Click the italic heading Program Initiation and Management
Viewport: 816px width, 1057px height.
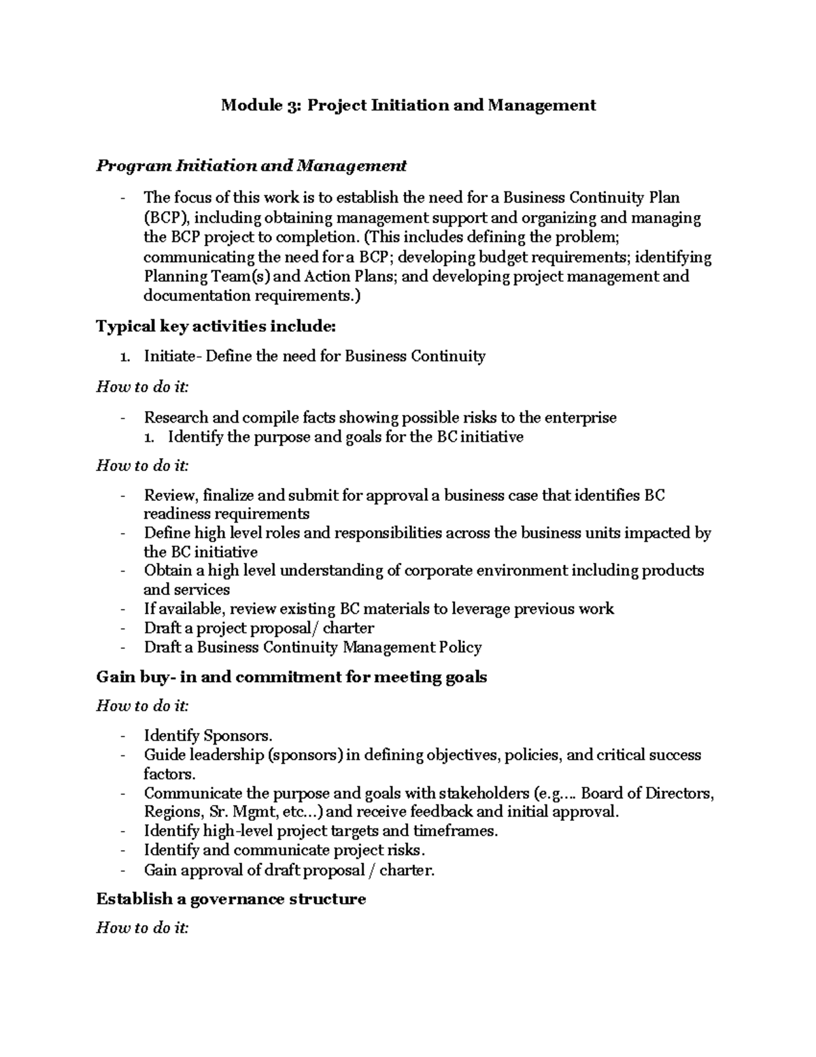(x=251, y=165)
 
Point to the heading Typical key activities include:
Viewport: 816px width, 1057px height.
(x=216, y=327)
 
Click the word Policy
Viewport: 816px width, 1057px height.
(x=460, y=647)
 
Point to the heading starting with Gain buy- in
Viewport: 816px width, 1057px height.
(x=292, y=677)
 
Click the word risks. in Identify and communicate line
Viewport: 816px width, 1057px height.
(x=405, y=850)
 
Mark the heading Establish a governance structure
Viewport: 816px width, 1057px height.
(x=231, y=899)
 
